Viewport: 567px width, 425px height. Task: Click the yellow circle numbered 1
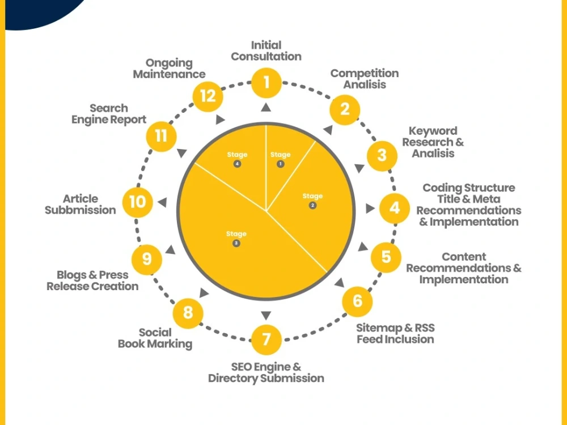click(x=266, y=83)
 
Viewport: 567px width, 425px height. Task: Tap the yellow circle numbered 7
click(x=266, y=339)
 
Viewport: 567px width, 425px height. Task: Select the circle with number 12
click(x=208, y=96)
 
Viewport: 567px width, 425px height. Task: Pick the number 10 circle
click(x=137, y=202)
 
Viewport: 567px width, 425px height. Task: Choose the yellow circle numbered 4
click(x=395, y=208)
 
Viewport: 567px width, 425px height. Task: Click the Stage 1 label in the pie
click(x=280, y=159)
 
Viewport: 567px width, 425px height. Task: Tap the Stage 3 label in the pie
click(x=236, y=238)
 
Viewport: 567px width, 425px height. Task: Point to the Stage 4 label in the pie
click(x=237, y=159)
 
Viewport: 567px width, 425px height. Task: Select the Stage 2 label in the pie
click(x=312, y=201)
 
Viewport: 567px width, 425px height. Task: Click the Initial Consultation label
click(x=266, y=51)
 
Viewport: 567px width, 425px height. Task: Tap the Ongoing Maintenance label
click(x=169, y=69)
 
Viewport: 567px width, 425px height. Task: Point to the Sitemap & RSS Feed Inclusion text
click(x=395, y=334)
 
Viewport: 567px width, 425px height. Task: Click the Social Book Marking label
click(x=155, y=338)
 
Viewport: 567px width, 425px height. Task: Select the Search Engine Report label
click(x=109, y=114)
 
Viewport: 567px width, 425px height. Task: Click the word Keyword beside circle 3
click(x=433, y=131)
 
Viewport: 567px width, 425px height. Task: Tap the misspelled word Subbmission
click(x=81, y=210)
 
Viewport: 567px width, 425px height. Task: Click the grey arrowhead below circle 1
click(x=266, y=107)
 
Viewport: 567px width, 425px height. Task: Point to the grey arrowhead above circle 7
click(x=266, y=316)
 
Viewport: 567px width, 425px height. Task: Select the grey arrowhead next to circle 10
click(x=162, y=202)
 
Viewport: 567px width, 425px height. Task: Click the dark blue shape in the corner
click(x=40, y=11)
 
